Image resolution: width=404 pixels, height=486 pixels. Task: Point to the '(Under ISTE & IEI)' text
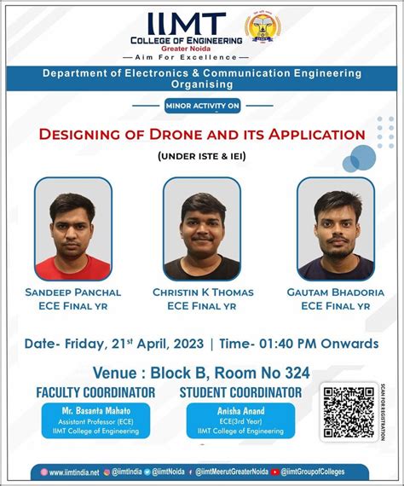(202, 156)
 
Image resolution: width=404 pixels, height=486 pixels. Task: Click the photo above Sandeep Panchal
(73, 229)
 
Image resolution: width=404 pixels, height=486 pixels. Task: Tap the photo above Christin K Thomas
(202, 229)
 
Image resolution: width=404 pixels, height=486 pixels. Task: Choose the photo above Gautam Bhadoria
(336, 229)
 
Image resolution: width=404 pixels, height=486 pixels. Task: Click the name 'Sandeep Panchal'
(73, 292)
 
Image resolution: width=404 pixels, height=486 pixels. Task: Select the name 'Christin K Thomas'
(202, 292)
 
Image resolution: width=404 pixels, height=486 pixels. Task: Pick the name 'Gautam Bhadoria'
(337, 292)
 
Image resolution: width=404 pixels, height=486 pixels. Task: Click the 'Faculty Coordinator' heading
(95, 392)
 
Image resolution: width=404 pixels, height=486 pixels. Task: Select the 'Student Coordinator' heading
(240, 392)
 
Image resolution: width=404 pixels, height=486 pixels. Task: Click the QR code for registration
(349, 412)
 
